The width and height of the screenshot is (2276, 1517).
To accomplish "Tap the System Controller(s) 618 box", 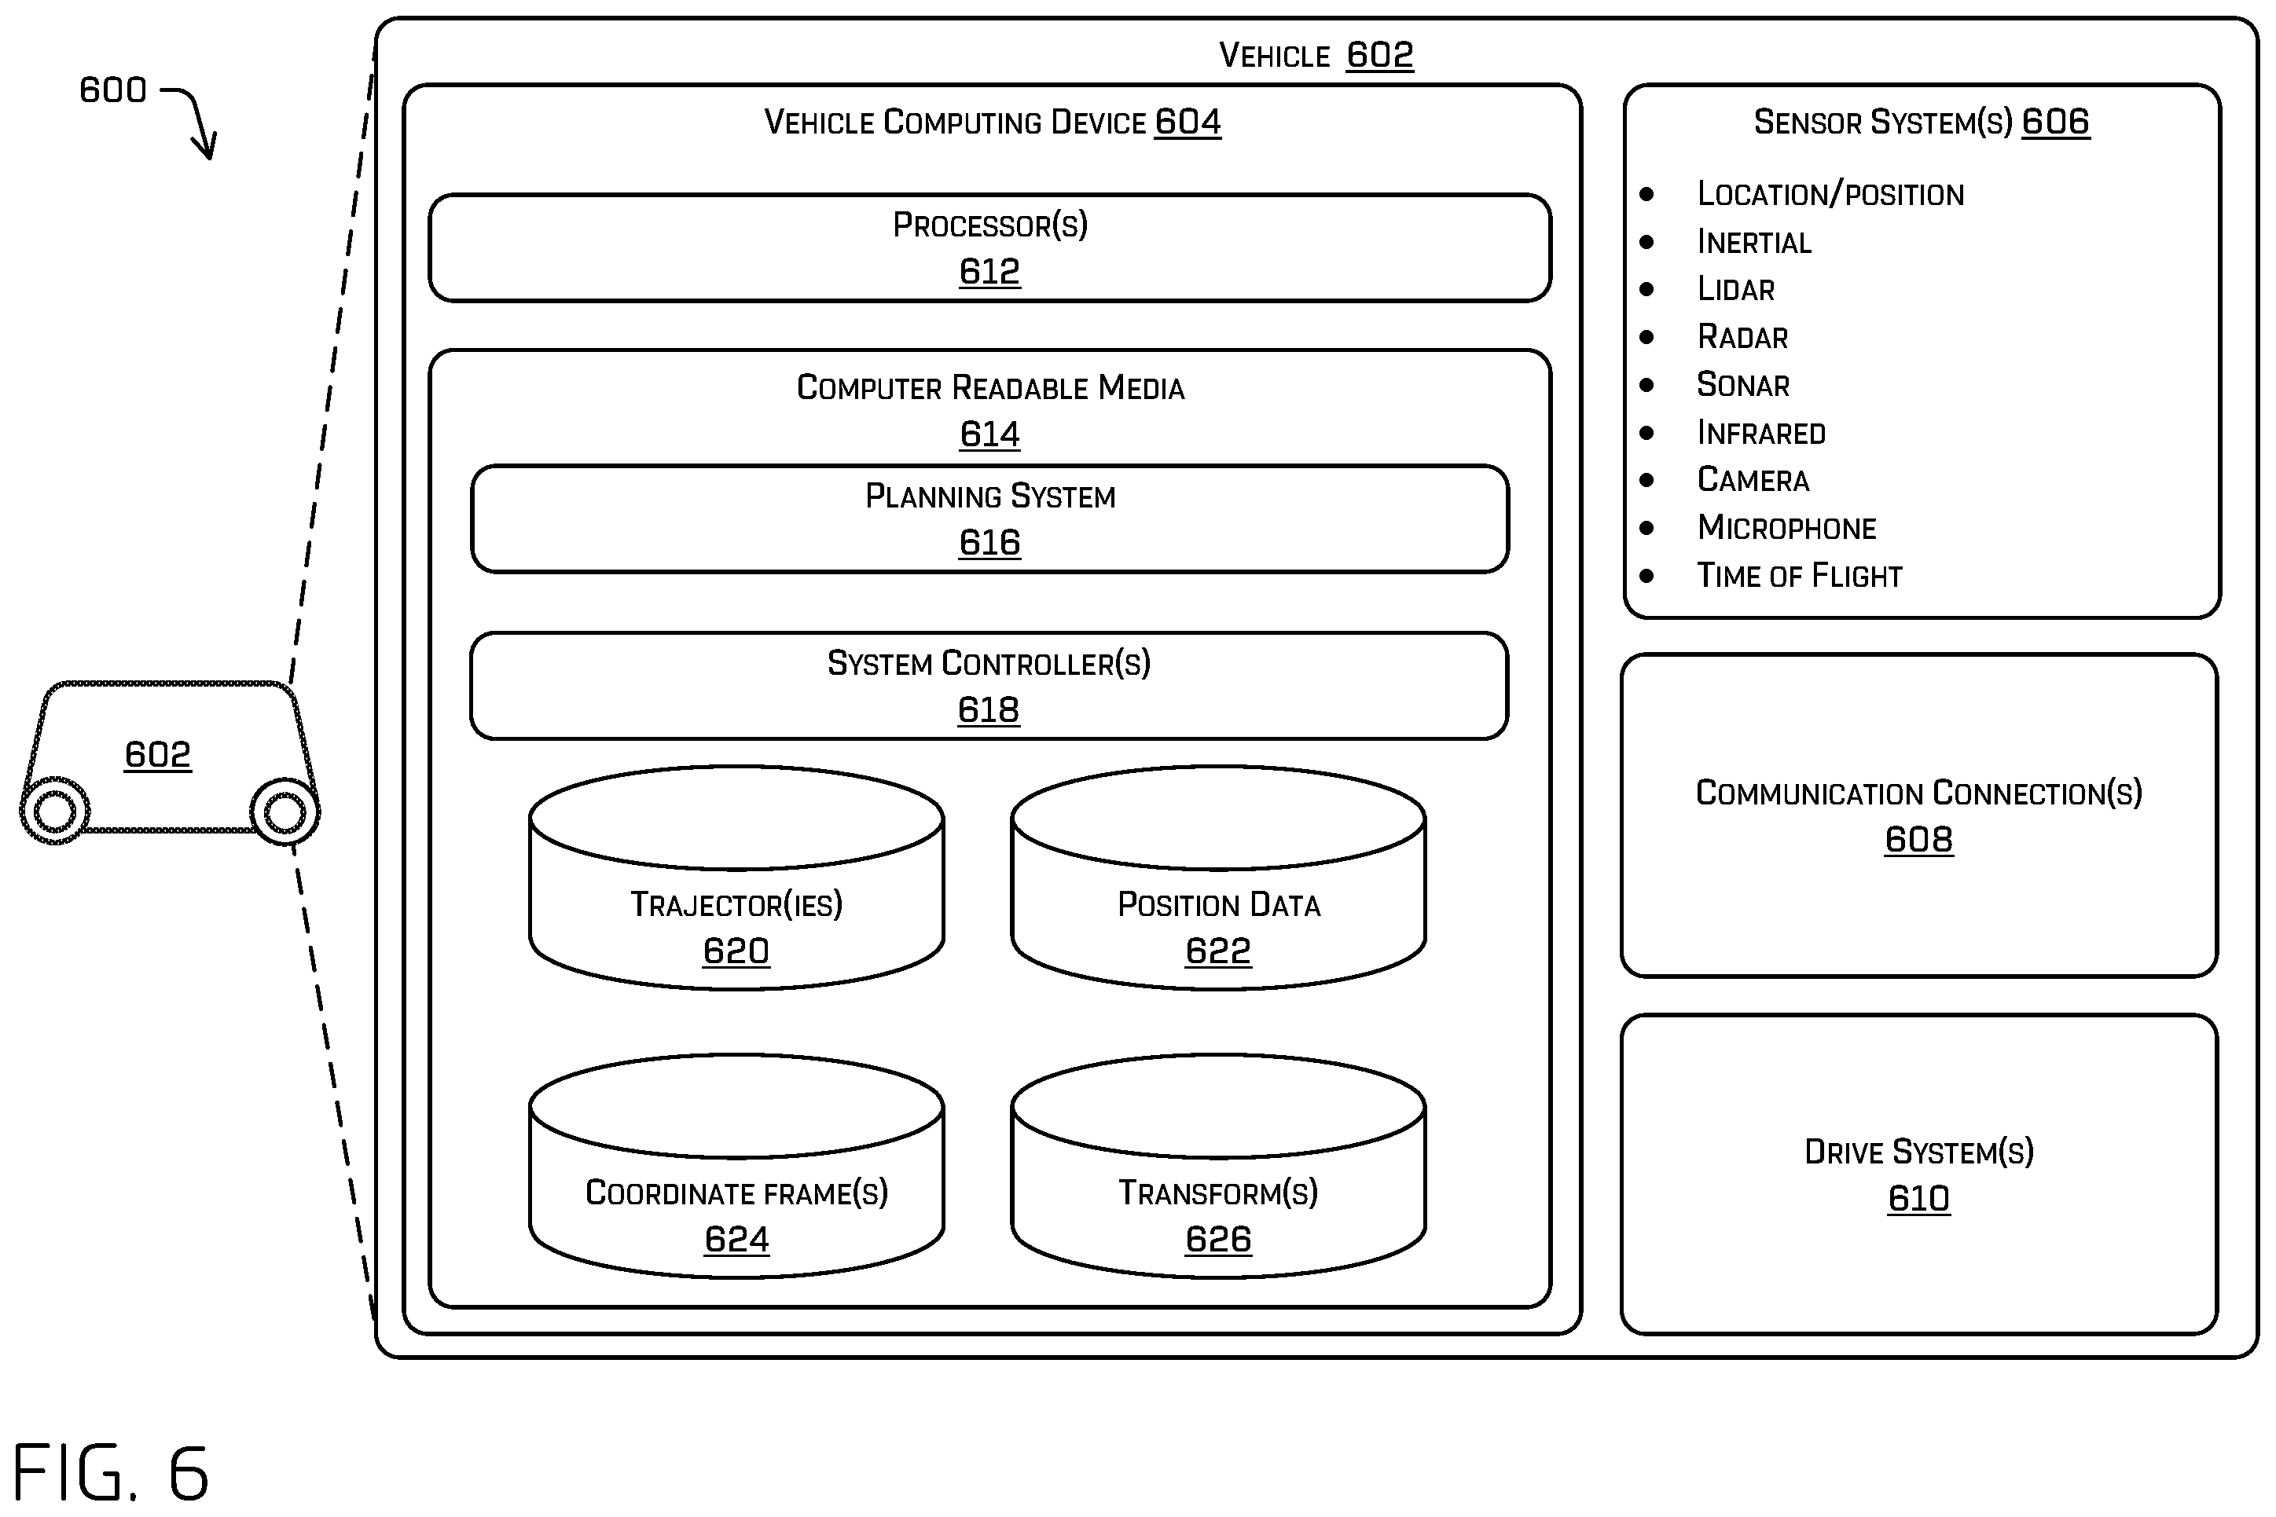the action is pos(989,686).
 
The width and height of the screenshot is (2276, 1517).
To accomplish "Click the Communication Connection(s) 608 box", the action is pos(1919,815).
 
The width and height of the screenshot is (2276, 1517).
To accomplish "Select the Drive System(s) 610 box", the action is pos(1919,1174).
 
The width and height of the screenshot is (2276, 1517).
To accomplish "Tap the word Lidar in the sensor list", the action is pos(1736,288).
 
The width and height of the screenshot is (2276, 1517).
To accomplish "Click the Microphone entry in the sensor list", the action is pos(1786,527).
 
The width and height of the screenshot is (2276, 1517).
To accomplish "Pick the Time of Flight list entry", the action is pos(1800,576).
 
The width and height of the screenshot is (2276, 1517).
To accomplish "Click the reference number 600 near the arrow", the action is pos(113,90).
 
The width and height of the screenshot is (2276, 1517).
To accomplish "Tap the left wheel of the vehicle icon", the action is pos(54,811).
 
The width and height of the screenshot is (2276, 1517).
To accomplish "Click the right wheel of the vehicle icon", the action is pos(284,812).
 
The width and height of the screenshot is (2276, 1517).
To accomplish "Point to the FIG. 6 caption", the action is pos(110,1471).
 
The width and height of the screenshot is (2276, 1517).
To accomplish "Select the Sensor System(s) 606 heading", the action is pos(1922,122).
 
